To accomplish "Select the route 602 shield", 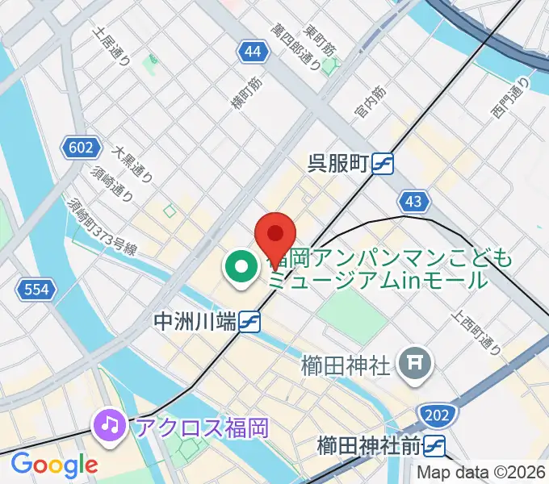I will pyautogui.click(x=81, y=148).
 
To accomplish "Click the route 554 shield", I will pyautogui.click(x=36, y=290).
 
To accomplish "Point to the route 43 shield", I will pyautogui.click(x=414, y=201).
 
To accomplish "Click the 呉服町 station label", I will pyautogui.click(x=338, y=164).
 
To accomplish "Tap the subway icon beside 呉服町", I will pyautogui.click(x=383, y=164).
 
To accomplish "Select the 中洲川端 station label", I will pyautogui.click(x=195, y=322).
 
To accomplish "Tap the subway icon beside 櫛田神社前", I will pyautogui.click(x=436, y=444).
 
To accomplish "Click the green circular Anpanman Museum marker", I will pyautogui.click(x=241, y=269).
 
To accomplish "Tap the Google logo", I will pyautogui.click(x=54, y=465).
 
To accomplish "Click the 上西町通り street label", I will pyautogui.click(x=478, y=335).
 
